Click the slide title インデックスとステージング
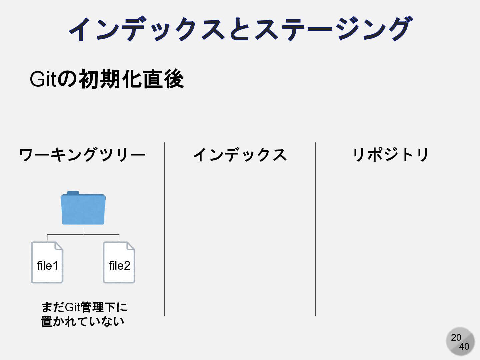240,29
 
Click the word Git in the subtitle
42,79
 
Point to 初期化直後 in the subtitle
131,79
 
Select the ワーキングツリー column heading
82,155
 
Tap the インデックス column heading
240,155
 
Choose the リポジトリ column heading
391,155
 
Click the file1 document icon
47,263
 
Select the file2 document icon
119,263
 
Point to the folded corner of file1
59,246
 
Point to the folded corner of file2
131,246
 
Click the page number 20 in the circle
456,337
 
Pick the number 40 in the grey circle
464,347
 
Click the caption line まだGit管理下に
84,307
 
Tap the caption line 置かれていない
83,322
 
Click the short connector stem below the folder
83,231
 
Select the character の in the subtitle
67,79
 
